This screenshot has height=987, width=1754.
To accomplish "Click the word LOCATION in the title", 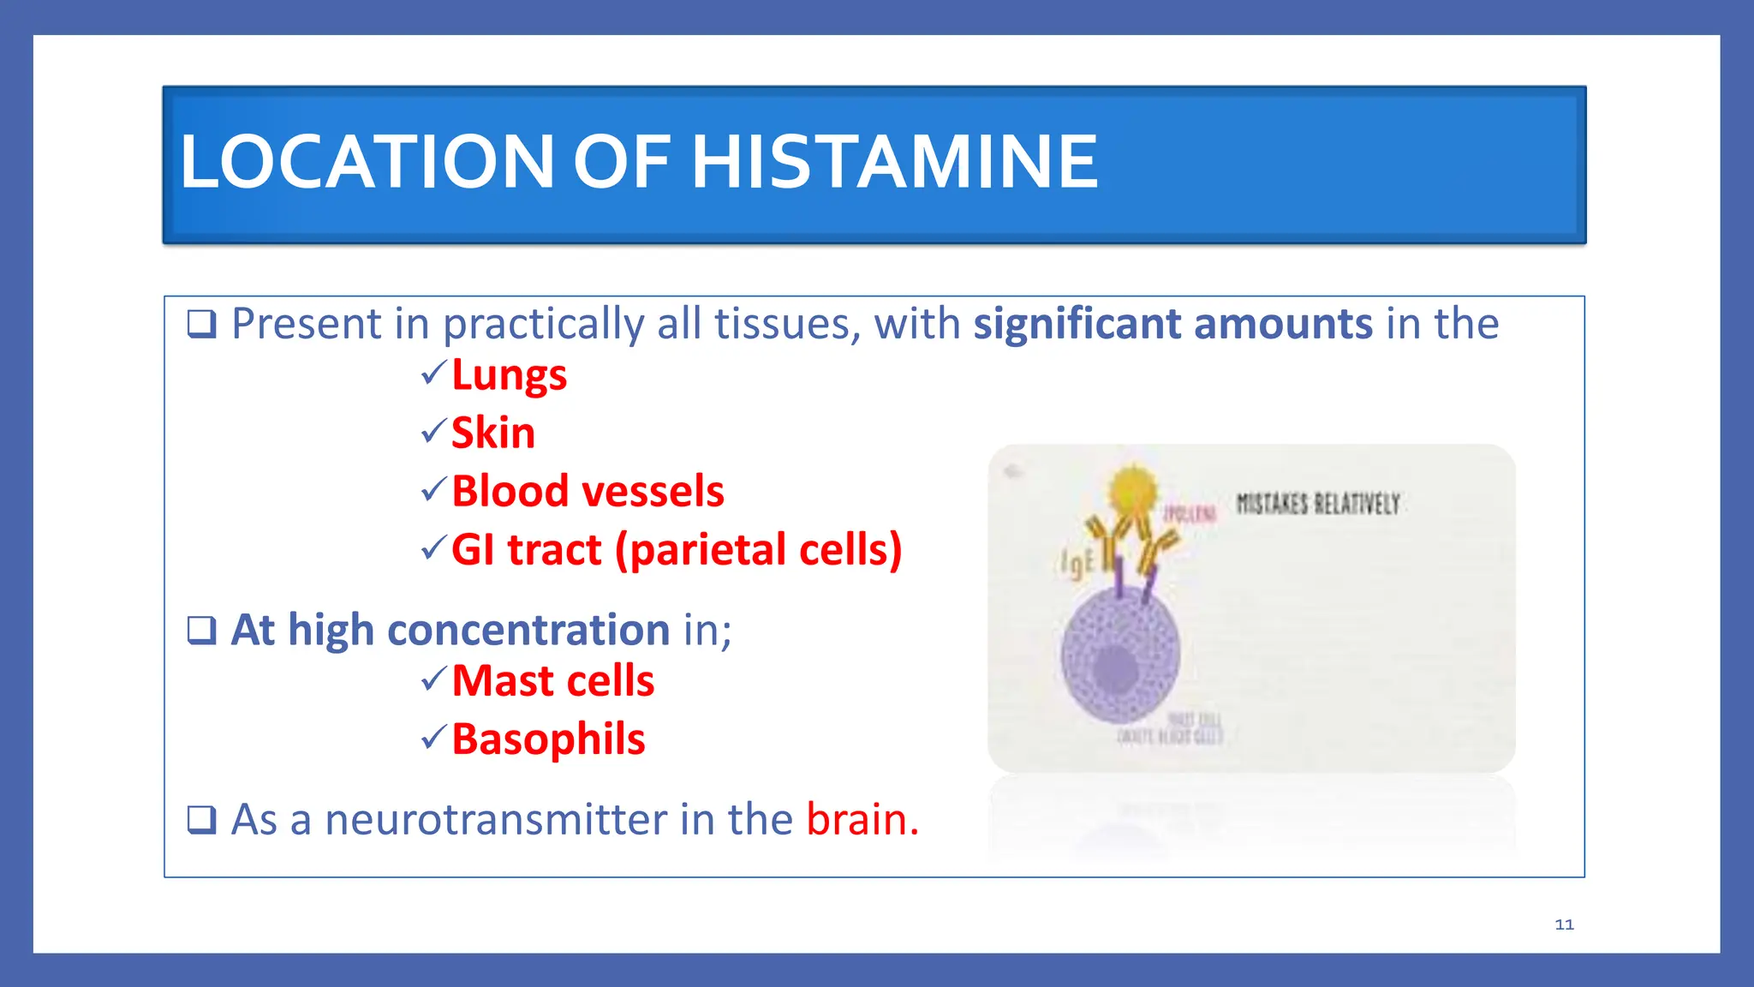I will tap(367, 162).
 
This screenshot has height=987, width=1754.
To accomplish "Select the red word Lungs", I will tap(509, 375).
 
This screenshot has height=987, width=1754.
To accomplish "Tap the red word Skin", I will tap(492, 433).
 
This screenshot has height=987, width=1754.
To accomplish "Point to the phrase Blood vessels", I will tap(588, 491).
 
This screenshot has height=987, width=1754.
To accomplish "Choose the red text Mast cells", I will tap(552, 681).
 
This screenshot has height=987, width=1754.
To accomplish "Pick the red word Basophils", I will tap(548, 739).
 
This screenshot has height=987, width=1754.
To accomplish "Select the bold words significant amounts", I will tap(1172, 324).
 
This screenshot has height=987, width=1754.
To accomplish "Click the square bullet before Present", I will tap(202, 324).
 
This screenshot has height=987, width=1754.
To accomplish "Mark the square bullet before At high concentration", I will tap(202, 630).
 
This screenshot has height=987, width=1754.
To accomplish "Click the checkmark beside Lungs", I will tap(433, 372).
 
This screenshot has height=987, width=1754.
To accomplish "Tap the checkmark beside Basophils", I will tap(433, 736).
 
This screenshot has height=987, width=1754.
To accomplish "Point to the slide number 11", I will tap(1564, 924).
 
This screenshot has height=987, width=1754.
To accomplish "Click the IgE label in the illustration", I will tap(1077, 562).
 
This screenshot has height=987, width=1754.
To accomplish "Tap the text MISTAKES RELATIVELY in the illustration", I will tap(1318, 504).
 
